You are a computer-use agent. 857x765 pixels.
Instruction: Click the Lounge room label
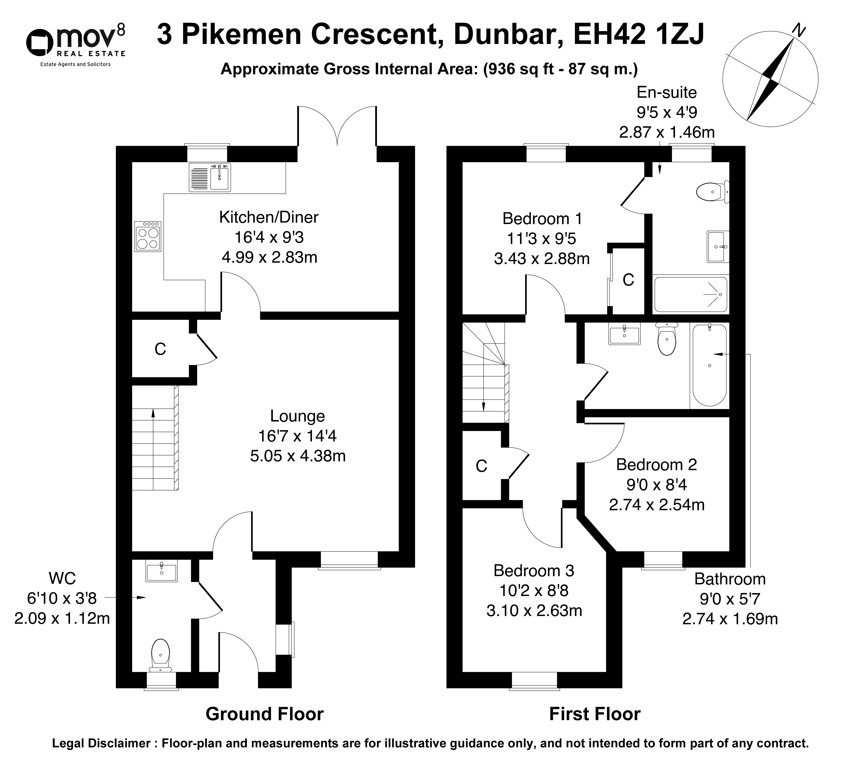point(297,416)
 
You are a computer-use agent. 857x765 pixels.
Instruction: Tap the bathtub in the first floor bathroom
point(709,365)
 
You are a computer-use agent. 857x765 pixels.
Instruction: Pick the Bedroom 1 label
point(542,219)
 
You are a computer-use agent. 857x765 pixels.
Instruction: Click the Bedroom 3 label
point(534,570)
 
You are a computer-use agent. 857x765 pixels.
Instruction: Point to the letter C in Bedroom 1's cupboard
point(628,280)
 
